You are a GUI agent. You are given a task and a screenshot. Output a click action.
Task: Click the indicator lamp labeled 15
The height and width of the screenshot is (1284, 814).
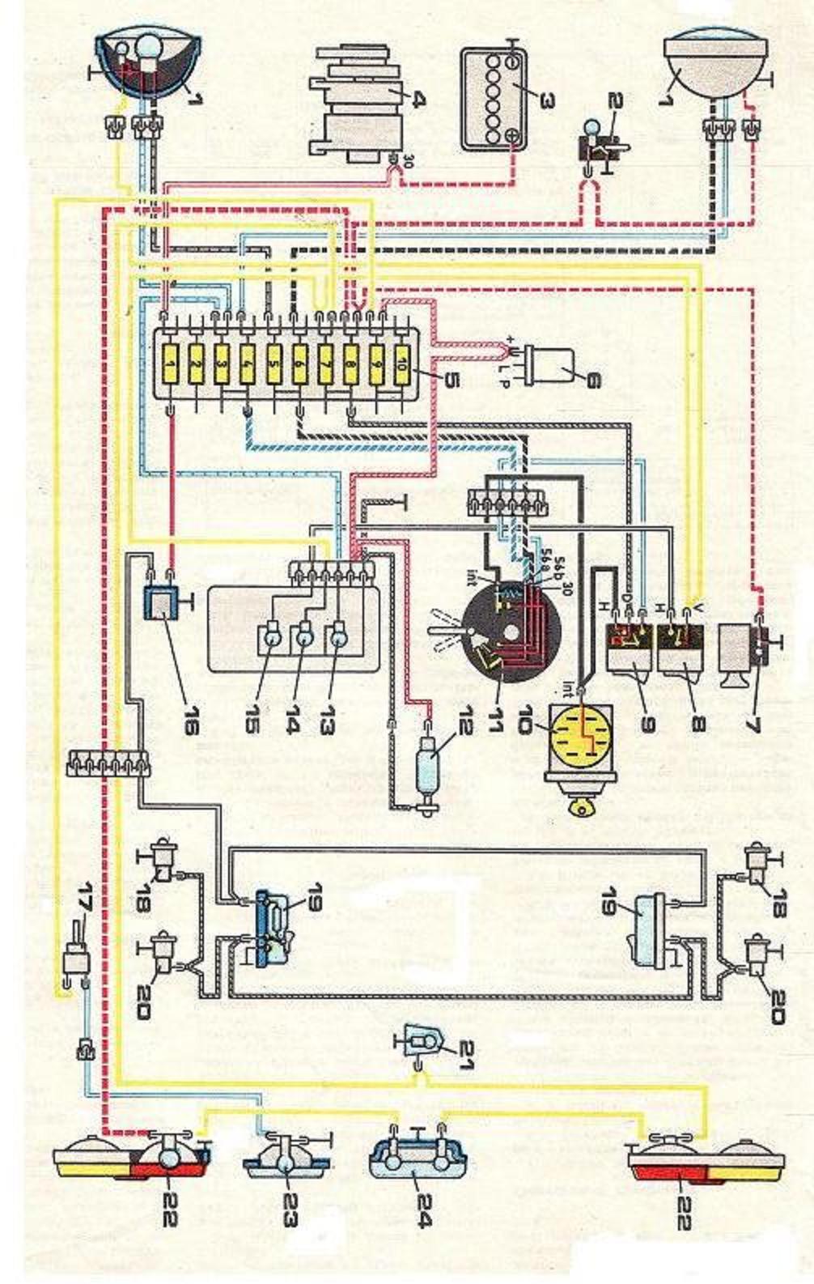[x=269, y=637]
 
